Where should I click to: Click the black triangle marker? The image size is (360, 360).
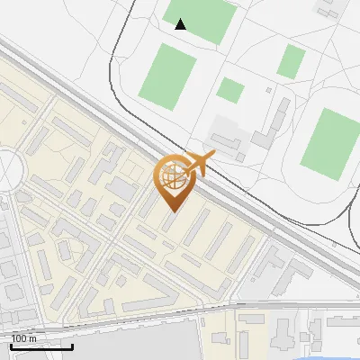coord(181,24)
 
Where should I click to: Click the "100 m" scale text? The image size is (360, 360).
coord(24,337)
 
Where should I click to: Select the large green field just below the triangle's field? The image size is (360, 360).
coord(168,76)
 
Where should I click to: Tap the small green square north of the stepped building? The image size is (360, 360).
coord(230,89)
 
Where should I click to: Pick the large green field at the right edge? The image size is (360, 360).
coord(328,142)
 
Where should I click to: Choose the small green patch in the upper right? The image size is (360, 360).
coord(291,61)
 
